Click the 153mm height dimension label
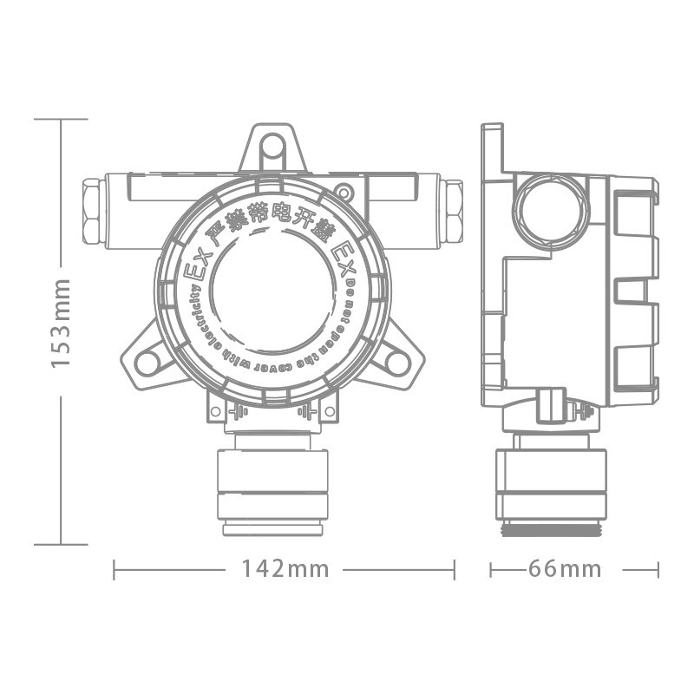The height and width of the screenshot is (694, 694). click(61, 324)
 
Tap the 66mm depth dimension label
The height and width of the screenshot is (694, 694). click(564, 569)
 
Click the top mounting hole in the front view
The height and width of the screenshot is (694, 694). click(272, 148)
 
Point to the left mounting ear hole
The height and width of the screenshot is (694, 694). click(147, 362)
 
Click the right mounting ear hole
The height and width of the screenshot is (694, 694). click(397, 362)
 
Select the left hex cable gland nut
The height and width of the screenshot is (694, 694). click(92, 211)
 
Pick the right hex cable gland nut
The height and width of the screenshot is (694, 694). click(451, 211)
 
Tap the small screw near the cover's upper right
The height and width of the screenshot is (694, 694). click(344, 192)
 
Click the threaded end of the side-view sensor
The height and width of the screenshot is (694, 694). click(551, 528)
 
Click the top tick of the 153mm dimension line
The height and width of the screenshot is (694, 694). click(61, 119)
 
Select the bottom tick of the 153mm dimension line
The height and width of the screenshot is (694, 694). click(61, 545)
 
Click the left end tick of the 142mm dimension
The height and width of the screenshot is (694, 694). click(115, 570)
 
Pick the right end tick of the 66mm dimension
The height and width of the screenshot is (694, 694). click(658, 570)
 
